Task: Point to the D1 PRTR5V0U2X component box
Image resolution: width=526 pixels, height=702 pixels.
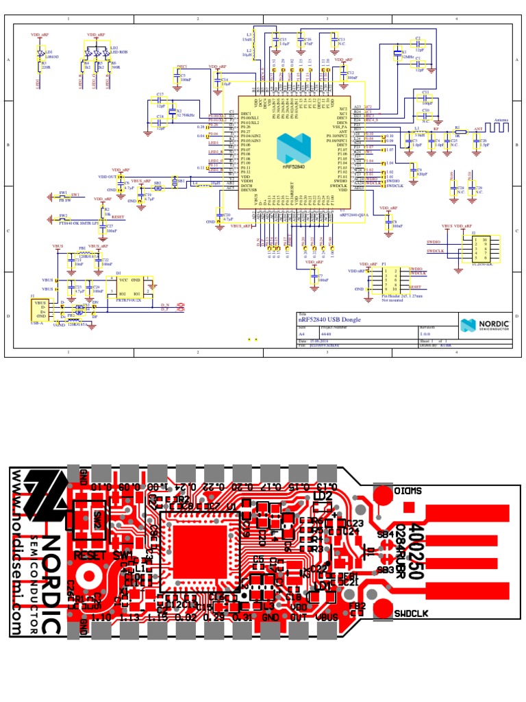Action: tap(132, 287)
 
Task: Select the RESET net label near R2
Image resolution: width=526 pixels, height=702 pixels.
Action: tap(117, 216)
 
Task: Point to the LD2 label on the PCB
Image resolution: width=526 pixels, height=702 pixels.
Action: tap(322, 496)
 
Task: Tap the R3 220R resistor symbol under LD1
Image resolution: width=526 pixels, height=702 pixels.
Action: tap(39, 66)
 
